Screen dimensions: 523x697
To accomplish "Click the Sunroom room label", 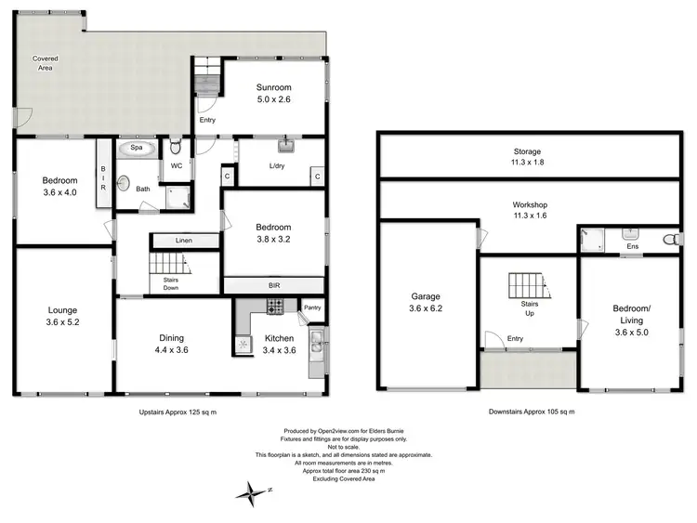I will (276, 87).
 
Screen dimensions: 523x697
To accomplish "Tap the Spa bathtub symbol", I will (137, 148).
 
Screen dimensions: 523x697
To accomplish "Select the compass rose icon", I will (252, 491).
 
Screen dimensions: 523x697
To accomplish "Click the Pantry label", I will (312, 306).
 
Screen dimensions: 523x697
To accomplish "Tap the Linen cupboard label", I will (184, 241).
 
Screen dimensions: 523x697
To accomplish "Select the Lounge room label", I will (63, 310).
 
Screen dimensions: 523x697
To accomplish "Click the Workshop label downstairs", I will (528, 204).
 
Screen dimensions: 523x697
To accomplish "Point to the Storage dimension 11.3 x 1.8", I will (528, 163).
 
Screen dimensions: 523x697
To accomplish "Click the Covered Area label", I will (46, 64).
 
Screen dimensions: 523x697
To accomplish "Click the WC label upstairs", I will (175, 166).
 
